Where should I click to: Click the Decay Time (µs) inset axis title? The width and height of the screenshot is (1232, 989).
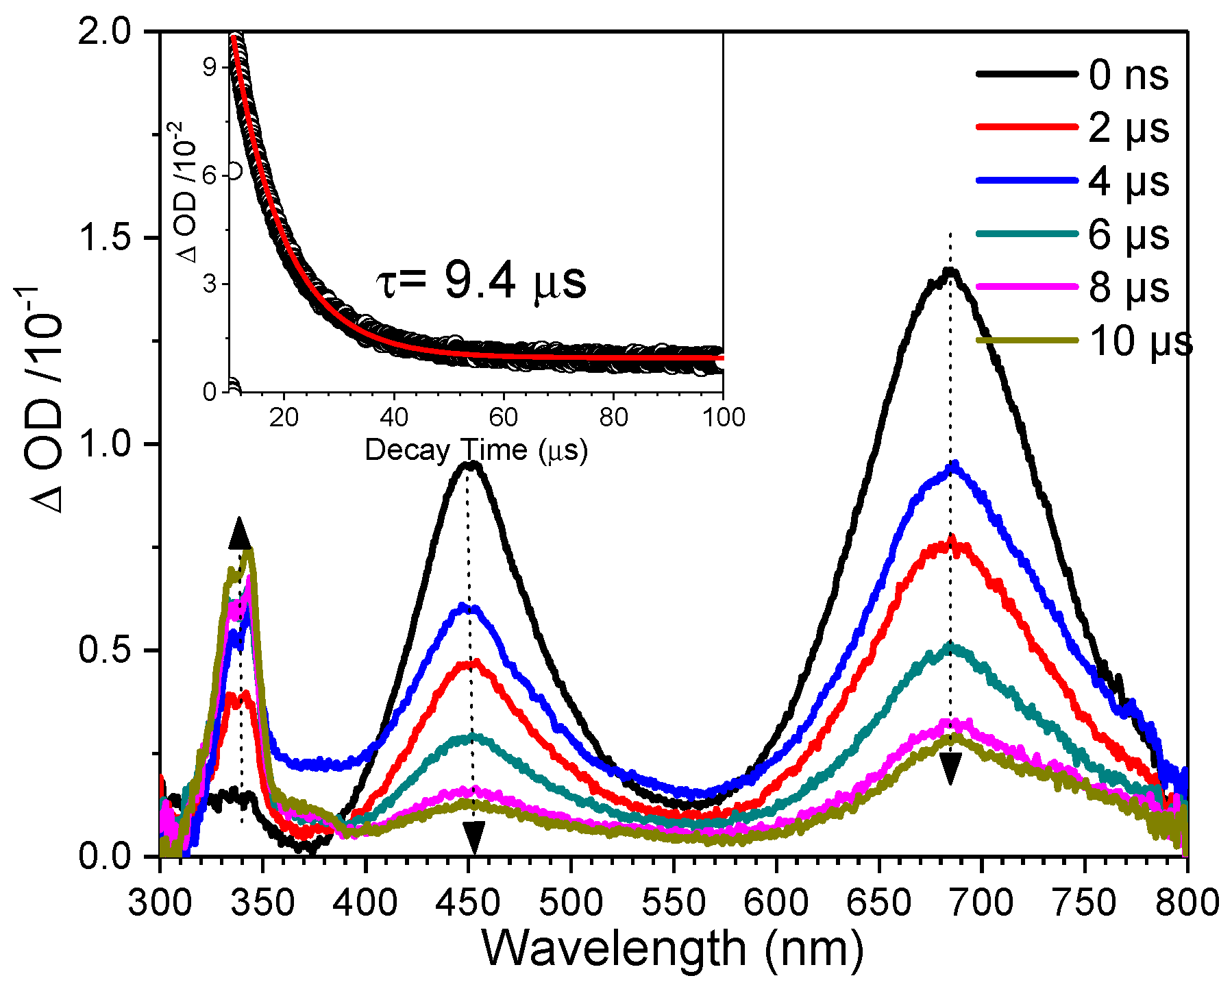pos(476,450)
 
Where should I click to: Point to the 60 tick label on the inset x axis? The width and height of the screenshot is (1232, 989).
pos(504,417)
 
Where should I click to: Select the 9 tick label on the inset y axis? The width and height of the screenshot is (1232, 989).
pos(209,66)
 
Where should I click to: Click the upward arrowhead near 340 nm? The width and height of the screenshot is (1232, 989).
pos(239,533)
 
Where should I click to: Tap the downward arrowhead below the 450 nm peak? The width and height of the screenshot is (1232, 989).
pos(473,838)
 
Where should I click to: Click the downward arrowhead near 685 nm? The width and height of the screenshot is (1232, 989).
pos(950,768)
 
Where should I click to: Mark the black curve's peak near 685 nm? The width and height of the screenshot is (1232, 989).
pos(950,271)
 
